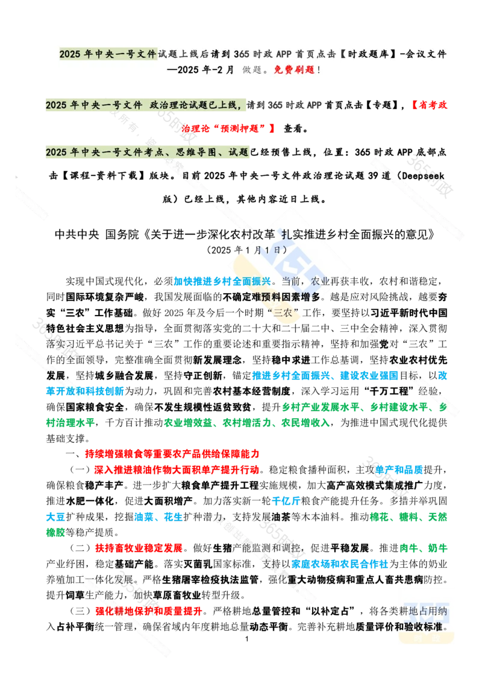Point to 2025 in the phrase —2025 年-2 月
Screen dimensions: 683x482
[x=189, y=69]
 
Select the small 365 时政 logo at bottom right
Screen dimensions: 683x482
[x=426, y=615]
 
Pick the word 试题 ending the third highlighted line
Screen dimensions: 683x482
[x=239, y=152]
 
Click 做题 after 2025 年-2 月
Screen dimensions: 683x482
[x=252, y=69]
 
